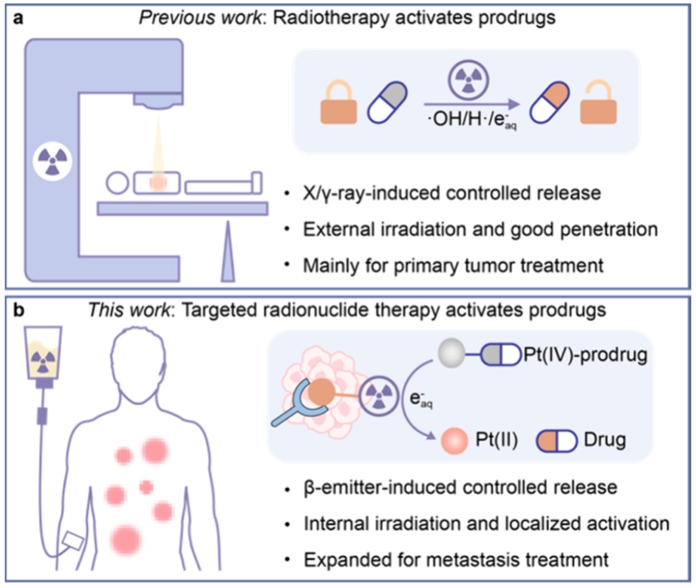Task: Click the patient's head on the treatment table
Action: point(120,182)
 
